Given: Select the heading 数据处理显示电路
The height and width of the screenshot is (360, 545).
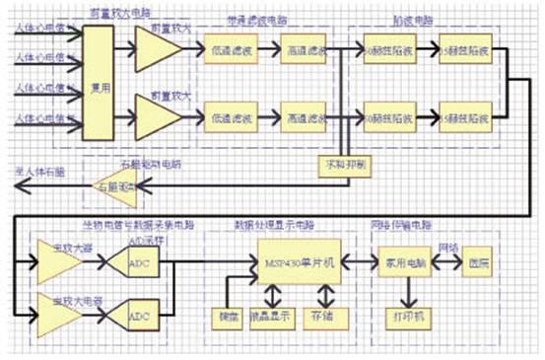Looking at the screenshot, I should point(286,225).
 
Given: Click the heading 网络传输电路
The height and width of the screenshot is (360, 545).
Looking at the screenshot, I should point(414,225).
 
